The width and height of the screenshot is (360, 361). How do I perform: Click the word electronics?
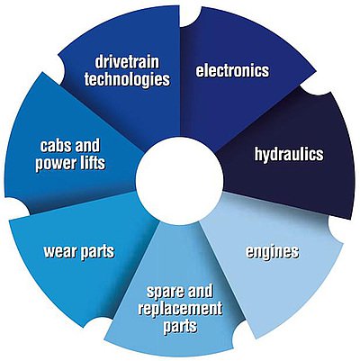coord(232,70)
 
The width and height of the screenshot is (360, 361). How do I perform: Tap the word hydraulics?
coord(289,155)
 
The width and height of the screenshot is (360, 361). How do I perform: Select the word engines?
coord(273,252)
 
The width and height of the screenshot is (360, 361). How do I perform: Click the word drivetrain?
coord(127,62)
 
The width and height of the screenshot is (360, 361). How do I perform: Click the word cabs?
coord(56,146)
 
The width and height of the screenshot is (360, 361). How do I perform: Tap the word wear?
coord(60,251)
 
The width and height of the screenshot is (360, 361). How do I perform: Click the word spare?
coord(166,292)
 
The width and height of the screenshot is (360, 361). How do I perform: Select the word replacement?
coord(180,309)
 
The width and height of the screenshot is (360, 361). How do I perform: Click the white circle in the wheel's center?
coord(179,179)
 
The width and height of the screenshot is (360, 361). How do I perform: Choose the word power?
coord(55,164)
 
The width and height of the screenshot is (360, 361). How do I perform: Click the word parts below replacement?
coord(180,326)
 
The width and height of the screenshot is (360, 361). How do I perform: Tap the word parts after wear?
coord(97,252)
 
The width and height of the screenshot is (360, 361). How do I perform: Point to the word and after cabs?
coord(87,146)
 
